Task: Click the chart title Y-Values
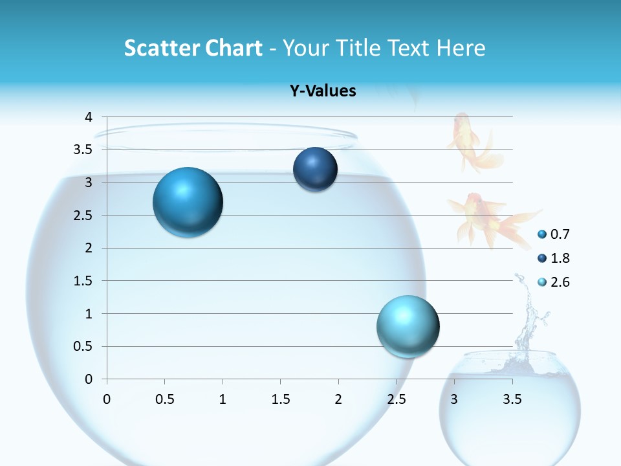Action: click(323, 91)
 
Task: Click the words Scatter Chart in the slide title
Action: click(193, 48)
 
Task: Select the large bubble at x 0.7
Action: click(188, 203)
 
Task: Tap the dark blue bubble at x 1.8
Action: click(315, 170)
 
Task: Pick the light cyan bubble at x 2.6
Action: click(408, 326)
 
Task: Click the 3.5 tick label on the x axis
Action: click(512, 399)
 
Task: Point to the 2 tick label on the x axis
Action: click(338, 399)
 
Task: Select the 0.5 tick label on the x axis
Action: click(164, 399)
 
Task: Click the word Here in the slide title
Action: click(461, 48)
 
